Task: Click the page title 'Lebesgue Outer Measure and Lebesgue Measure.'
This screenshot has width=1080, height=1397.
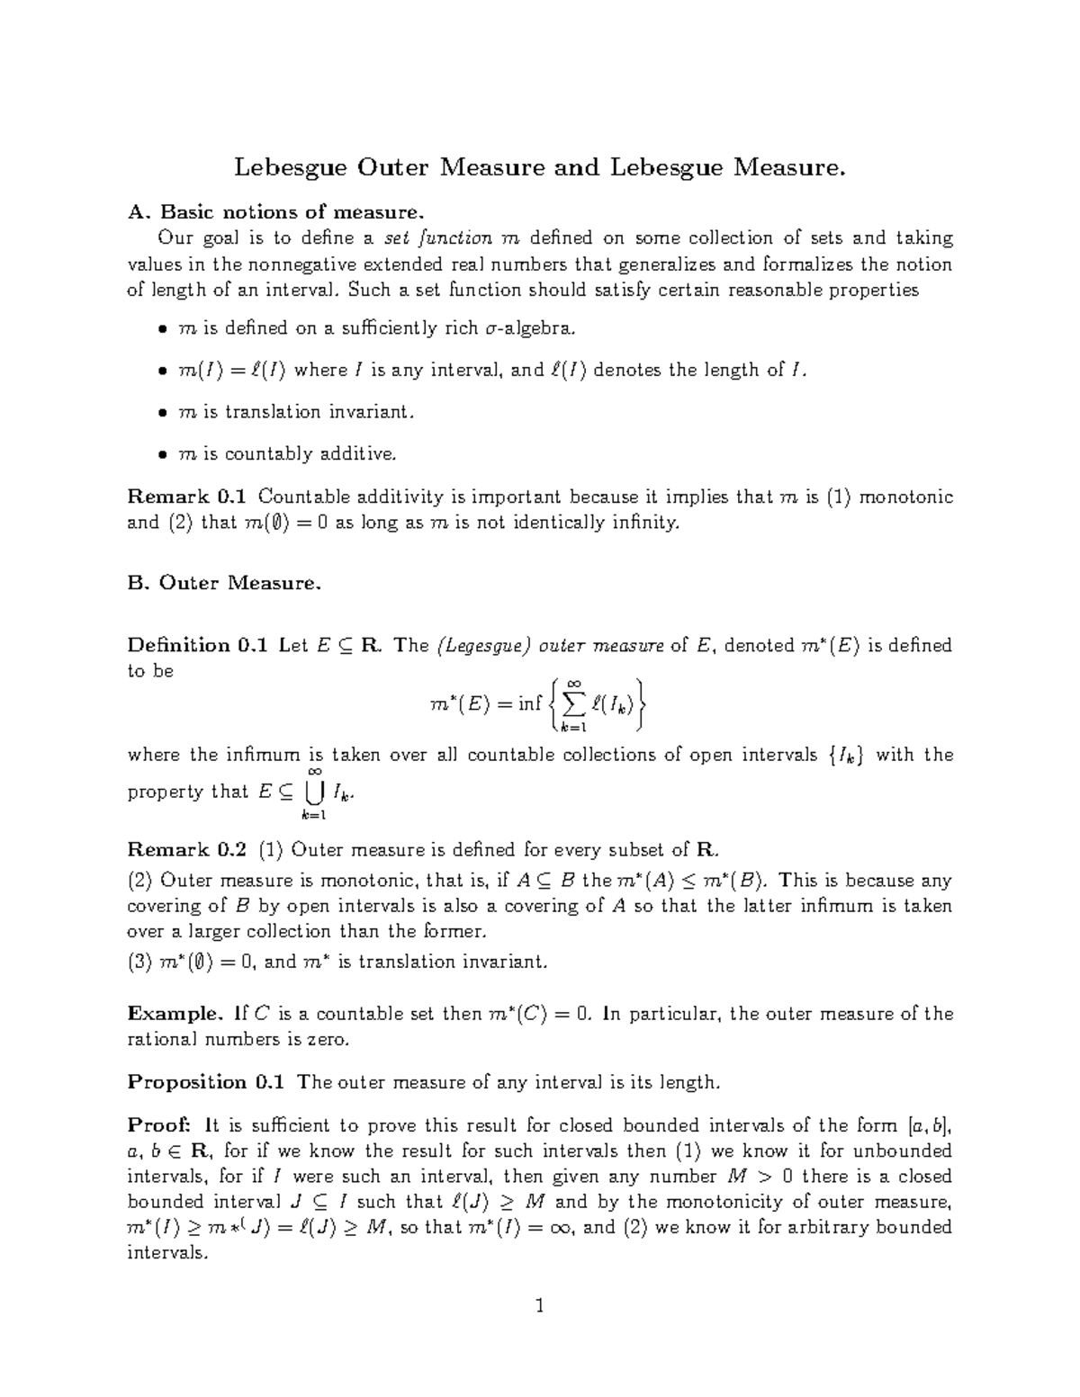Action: click(x=540, y=168)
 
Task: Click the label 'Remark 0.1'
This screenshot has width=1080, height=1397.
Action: click(x=186, y=497)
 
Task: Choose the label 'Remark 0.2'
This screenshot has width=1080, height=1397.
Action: click(x=186, y=849)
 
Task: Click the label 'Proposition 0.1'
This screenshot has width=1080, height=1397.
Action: click(x=206, y=1082)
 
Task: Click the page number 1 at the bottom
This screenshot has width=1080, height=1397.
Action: click(x=540, y=1305)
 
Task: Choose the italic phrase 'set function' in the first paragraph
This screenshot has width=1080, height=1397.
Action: click(x=437, y=238)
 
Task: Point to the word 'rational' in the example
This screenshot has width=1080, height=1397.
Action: click(x=162, y=1039)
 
